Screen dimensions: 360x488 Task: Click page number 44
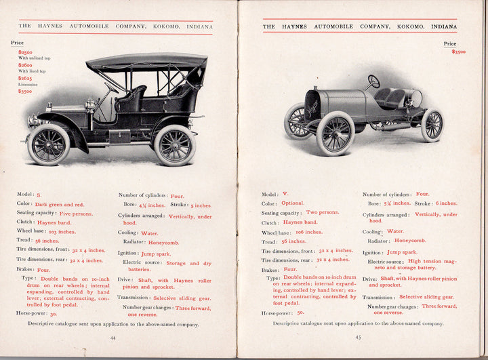[113, 337]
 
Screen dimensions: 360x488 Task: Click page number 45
[358, 337]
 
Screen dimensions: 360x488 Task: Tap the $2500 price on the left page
[25, 52]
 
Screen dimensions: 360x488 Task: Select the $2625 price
[25, 78]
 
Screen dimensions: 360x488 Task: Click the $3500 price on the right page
[458, 52]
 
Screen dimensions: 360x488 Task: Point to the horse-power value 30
[53, 314]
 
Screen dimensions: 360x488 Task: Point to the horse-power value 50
[300, 313]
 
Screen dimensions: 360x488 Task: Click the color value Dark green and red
[60, 204]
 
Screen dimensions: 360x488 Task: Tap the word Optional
[293, 203]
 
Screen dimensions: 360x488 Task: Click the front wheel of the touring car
[48, 144]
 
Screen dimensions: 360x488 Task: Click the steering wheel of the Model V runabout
[373, 81]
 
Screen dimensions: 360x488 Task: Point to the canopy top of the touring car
[146, 62]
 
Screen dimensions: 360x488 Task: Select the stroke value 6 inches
[445, 203]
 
